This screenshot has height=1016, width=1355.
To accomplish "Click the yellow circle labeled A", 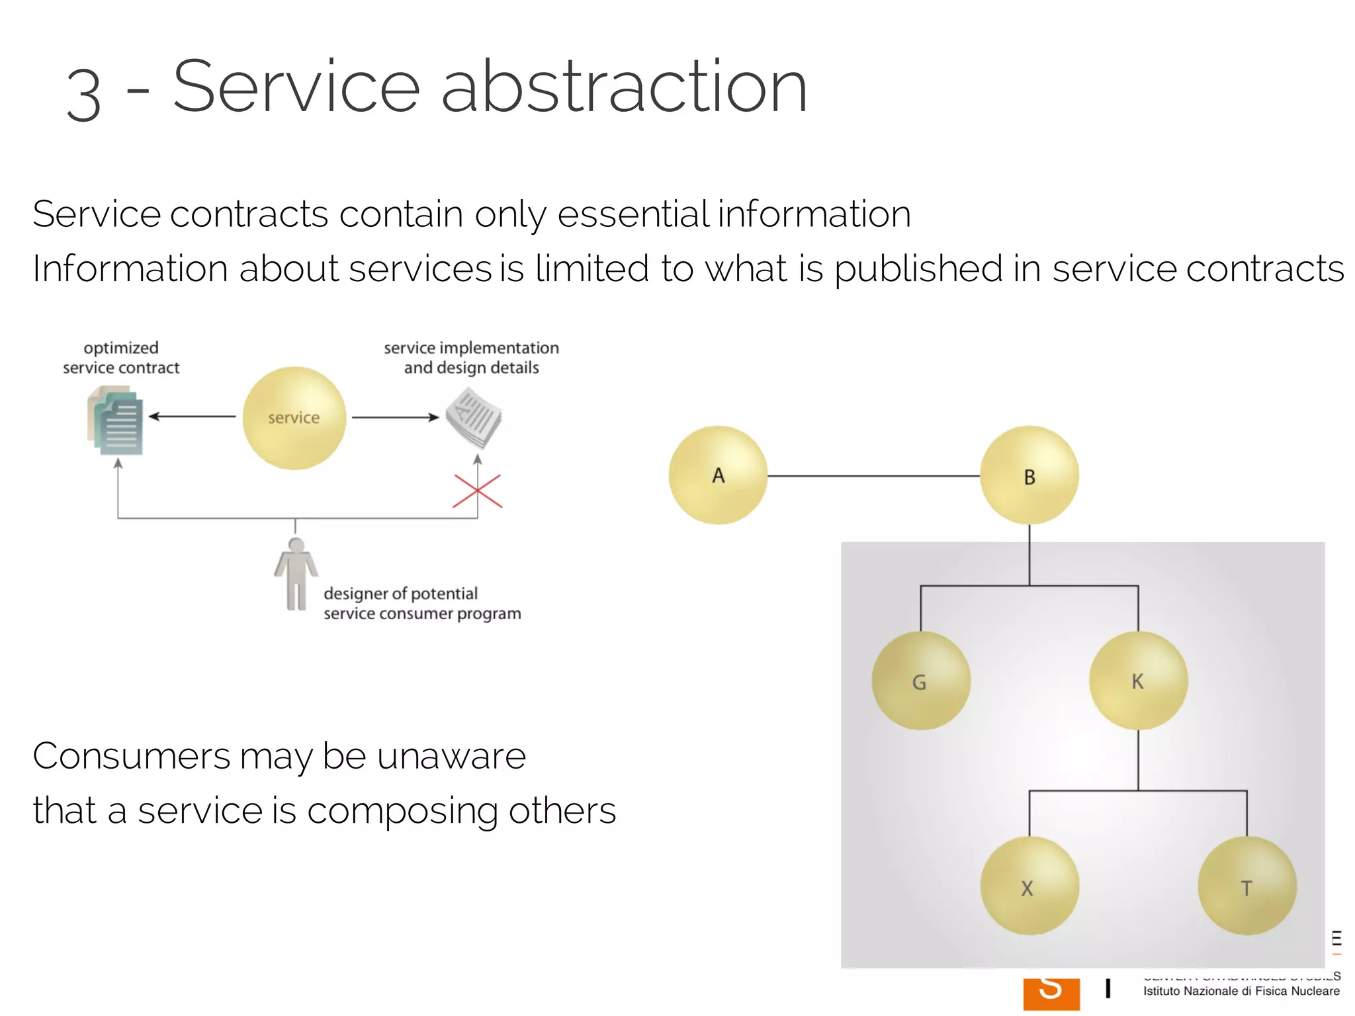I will tap(718, 475).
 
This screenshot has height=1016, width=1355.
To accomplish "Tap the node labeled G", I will tap(920, 681).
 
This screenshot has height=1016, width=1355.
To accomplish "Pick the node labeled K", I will tap(1138, 681).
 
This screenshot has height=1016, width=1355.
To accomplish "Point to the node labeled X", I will tap(1029, 886).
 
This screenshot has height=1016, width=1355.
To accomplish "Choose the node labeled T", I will tap(1246, 886).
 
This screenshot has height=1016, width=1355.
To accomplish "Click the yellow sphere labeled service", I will tap(294, 417).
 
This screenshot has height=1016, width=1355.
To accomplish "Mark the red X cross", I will tap(478, 491).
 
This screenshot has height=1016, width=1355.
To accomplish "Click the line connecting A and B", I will tap(873, 476).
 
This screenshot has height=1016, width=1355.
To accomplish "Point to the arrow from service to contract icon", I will tap(192, 417).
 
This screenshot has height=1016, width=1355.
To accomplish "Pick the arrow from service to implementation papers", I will tap(395, 417).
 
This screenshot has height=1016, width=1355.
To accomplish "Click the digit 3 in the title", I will tap(84, 95).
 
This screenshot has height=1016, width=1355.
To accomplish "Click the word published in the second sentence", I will tap(918, 269).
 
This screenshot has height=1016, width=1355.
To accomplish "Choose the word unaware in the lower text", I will tap(451, 756).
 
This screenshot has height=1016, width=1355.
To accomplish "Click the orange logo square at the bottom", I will tap(1051, 994).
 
